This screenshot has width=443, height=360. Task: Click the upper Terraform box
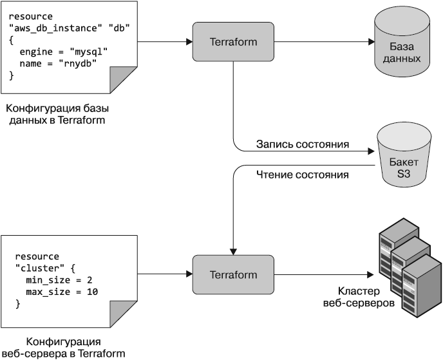coord(233,42)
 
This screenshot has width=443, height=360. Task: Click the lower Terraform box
coord(233,275)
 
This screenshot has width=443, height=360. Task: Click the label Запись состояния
coord(303,144)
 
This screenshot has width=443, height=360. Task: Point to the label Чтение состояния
coord(303,174)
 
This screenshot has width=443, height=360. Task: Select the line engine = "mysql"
coord(63,52)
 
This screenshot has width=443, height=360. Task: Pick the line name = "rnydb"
coord(58,63)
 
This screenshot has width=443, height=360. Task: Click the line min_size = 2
coord(59,280)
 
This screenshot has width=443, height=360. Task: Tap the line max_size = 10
coord(62,292)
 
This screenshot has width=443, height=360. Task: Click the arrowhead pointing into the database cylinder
coord(371,42)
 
